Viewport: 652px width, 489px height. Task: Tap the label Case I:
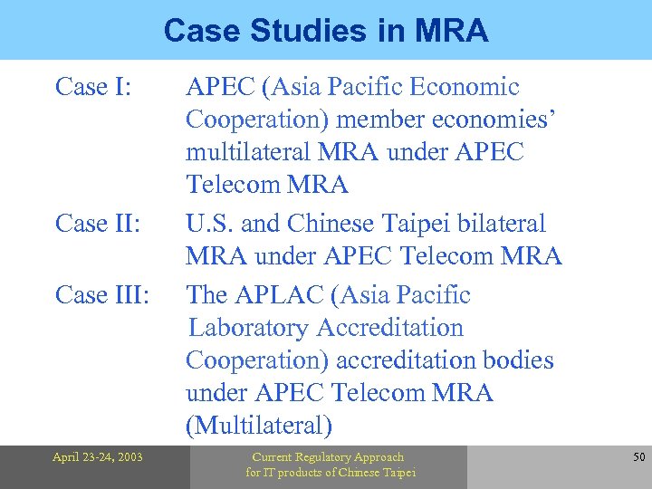[x=94, y=87]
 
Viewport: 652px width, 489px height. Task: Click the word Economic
[x=465, y=87]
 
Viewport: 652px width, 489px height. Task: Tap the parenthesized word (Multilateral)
[x=259, y=426]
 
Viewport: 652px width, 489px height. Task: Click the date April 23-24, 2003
[x=98, y=457]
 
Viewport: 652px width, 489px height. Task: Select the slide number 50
[x=638, y=457]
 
